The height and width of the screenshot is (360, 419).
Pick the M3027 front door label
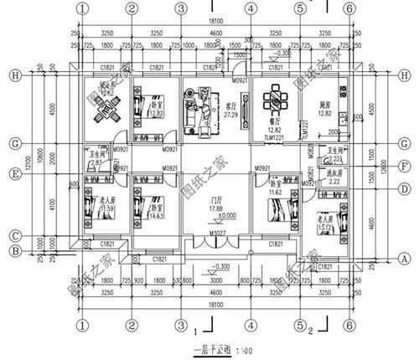(x=216, y=232)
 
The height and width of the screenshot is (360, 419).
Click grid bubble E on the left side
(x=14, y=173)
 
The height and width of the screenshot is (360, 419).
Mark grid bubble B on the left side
(x=14, y=248)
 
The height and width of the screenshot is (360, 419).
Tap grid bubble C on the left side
(x=14, y=234)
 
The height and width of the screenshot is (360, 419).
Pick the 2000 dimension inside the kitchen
(x=333, y=132)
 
